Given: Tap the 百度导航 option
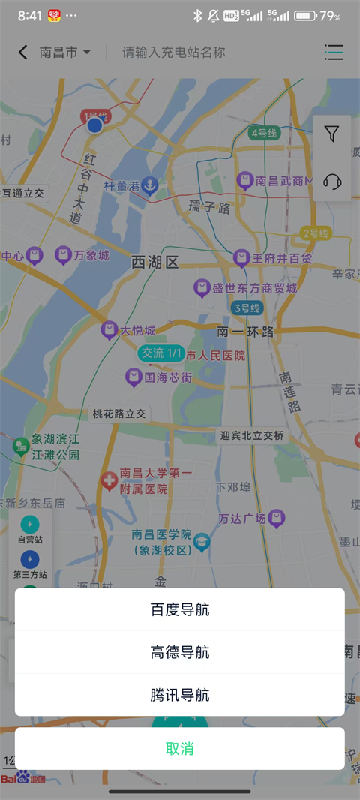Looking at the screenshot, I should coord(180,609).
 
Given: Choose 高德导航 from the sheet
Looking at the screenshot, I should coord(180,652).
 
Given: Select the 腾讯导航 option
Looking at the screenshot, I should coord(180,695).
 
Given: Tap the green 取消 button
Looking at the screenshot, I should coord(180,748).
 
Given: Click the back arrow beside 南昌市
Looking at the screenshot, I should coord(22,52).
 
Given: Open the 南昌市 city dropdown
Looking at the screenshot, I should coord(65,53).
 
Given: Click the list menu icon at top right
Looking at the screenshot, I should coord(334,52).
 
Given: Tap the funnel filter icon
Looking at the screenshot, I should coord(331,134).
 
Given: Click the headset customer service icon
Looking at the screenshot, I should coord(331,182).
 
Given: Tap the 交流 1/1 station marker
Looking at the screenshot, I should coord(161,353).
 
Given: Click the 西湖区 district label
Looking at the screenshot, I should coord(155,262).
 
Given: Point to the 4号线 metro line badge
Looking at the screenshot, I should coord(264,133).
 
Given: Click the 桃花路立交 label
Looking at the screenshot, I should coord(119,414).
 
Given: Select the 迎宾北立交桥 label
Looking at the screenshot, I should coord(252,435).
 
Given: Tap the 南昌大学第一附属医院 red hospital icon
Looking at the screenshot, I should coord(109,480).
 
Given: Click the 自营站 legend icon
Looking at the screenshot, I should coord(30,523).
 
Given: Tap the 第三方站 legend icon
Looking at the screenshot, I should coord(30,558).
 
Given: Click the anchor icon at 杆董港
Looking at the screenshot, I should coord(150,185).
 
